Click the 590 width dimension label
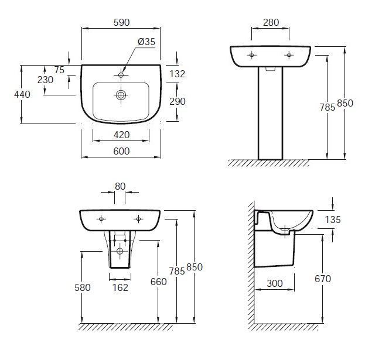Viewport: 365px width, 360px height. pos(121,22)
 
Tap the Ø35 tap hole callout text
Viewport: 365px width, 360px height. pos(146,42)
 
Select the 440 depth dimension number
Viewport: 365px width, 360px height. pos(22,94)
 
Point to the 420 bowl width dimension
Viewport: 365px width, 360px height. pos(121,135)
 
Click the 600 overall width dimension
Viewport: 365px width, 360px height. pos(121,151)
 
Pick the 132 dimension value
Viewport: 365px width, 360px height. pos(177,74)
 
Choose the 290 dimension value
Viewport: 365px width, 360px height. pos(178,101)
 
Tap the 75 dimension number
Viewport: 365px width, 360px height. pos(59,70)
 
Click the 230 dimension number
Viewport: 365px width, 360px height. pos(45,80)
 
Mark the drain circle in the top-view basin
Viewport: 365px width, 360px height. pos(121,95)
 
